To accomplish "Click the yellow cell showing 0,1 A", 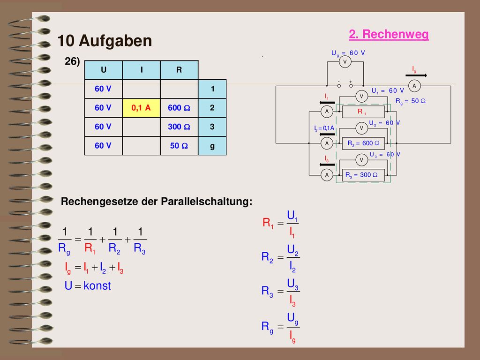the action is (141, 108).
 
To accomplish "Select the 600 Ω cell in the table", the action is (179, 108).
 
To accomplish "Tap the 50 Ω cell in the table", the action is (179, 146).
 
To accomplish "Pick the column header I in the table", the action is (142, 70).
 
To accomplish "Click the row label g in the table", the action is (212, 146).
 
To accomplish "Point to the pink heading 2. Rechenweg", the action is (389, 34).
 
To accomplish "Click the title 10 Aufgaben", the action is (105, 41).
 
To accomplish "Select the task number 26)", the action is (72, 61).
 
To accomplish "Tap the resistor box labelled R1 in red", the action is (363, 112).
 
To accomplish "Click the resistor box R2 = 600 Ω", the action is (363, 143).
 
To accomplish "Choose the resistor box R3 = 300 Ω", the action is (363, 175).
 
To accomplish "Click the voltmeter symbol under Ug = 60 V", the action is (345, 62).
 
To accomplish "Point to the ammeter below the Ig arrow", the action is (414, 86).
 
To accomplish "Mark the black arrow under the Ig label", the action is (416, 75).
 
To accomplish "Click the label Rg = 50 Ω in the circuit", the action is (410, 101).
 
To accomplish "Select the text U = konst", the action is (88, 285).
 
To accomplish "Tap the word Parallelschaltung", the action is (207, 202).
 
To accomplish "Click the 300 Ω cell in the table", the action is (179, 127).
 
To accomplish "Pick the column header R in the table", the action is (179, 70).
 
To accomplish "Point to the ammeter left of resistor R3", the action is (327, 175).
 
